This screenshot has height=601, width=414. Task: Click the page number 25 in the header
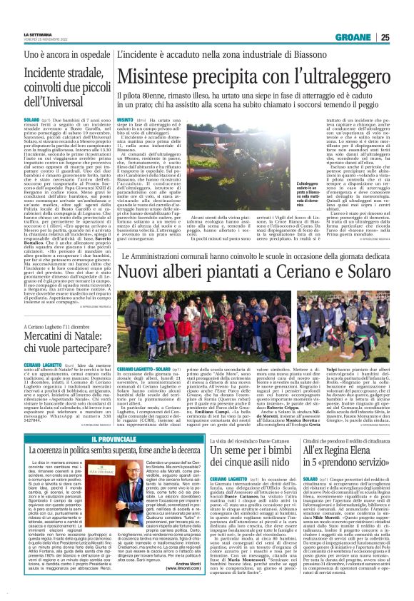click(404, 37)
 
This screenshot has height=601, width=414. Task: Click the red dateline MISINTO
click(125, 119)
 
